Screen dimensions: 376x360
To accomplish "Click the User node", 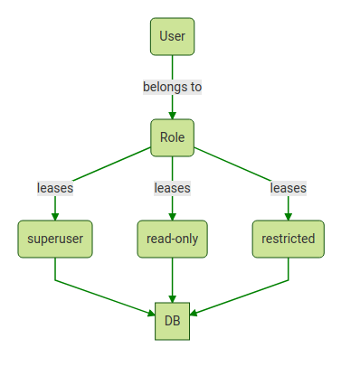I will click(x=172, y=36).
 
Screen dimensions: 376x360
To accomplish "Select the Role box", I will click(x=172, y=137).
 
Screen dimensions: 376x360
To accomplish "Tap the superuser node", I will click(x=55, y=239).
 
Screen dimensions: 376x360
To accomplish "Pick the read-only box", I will click(x=172, y=239).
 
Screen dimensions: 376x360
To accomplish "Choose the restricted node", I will click(x=288, y=239).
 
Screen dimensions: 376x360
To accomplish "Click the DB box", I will click(x=172, y=320).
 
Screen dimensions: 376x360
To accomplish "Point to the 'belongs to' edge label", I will click(x=172, y=87).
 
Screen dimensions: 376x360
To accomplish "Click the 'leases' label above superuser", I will click(x=55, y=188).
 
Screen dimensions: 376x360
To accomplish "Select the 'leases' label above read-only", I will click(x=172, y=188).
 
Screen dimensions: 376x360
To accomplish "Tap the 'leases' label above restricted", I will click(x=288, y=188).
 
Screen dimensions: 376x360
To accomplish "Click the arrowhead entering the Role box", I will click(x=172, y=114).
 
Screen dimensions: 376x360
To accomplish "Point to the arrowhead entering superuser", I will click(x=55, y=215).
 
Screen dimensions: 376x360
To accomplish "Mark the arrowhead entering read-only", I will click(x=172, y=215).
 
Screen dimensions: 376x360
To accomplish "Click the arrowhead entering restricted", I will click(x=288, y=215).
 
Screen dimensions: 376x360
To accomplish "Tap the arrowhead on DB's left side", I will click(x=150, y=313).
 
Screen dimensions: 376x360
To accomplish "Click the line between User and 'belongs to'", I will click(x=172, y=66).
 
